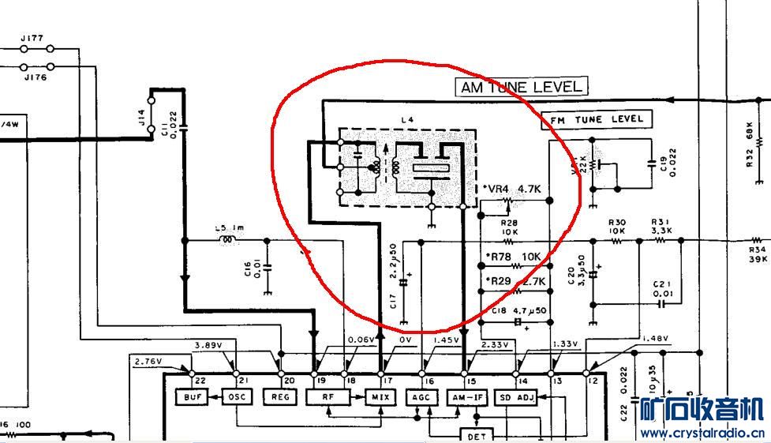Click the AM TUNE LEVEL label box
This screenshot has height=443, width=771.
522,87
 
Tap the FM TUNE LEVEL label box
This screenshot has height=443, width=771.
597,119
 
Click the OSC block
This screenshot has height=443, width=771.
236,396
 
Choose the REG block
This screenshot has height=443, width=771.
280,396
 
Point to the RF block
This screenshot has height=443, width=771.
325,397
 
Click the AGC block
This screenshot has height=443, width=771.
421,397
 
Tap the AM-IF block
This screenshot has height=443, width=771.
469,397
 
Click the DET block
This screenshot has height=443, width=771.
475,436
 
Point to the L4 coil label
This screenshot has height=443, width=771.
407,120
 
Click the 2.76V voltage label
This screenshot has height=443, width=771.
148,362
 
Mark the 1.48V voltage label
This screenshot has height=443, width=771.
655,340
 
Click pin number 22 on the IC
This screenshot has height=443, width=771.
191,381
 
